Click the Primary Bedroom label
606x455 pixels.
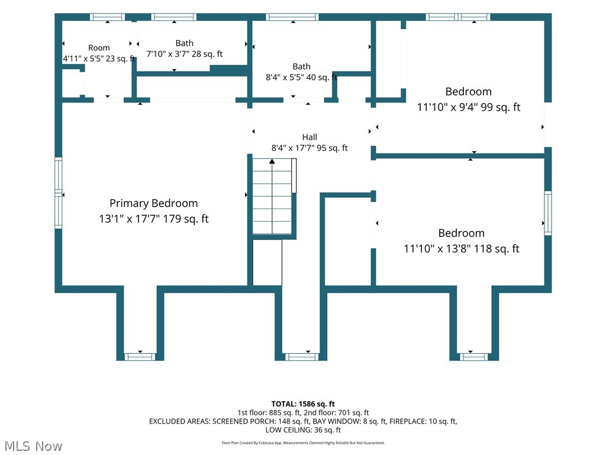pos(153,204)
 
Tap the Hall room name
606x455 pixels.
pos(310,137)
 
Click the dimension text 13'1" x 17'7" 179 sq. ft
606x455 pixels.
pos(153,219)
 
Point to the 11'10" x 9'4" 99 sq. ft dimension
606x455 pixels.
pos(469,107)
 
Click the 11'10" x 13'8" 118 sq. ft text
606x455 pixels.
pos(462,249)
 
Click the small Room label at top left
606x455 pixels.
pos(99,47)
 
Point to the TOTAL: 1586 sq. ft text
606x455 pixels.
pos(303,404)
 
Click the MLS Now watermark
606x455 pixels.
pos(33,446)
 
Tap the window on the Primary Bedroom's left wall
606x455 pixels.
pos(59,193)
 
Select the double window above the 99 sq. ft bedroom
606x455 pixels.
pos(458,17)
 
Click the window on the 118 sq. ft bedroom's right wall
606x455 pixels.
pos(548,213)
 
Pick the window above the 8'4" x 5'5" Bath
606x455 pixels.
pos(292,17)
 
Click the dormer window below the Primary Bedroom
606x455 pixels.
pos(140,357)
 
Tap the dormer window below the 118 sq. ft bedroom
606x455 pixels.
pos(473,357)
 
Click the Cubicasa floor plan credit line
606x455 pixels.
pos(303,443)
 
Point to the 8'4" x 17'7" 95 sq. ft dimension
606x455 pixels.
pos(310,148)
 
